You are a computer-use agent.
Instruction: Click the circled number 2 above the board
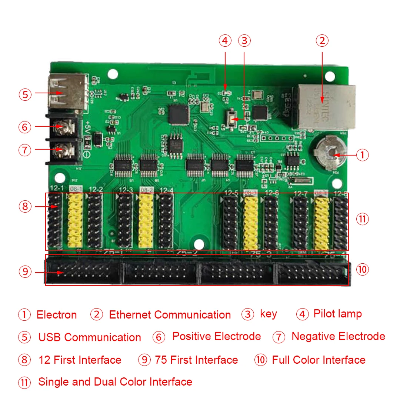[x=322, y=40]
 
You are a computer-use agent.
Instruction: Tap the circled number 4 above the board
[x=225, y=40]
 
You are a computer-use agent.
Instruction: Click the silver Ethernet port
[x=323, y=106]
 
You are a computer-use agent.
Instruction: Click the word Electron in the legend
[x=57, y=315]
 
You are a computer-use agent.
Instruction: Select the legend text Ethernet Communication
[x=170, y=315]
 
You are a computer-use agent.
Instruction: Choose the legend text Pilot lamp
[x=337, y=314]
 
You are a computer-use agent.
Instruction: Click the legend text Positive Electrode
[x=217, y=337]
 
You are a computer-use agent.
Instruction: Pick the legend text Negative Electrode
[x=338, y=337]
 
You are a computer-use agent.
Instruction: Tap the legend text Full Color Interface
[x=319, y=360]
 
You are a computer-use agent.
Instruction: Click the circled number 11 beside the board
[x=362, y=219]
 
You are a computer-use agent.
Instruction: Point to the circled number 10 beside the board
[x=362, y=269]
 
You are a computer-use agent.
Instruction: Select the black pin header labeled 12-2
[x=95, y=220]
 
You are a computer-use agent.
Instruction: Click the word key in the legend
[x=269, y=314]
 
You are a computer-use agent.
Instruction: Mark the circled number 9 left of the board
[x=25, y=272]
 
